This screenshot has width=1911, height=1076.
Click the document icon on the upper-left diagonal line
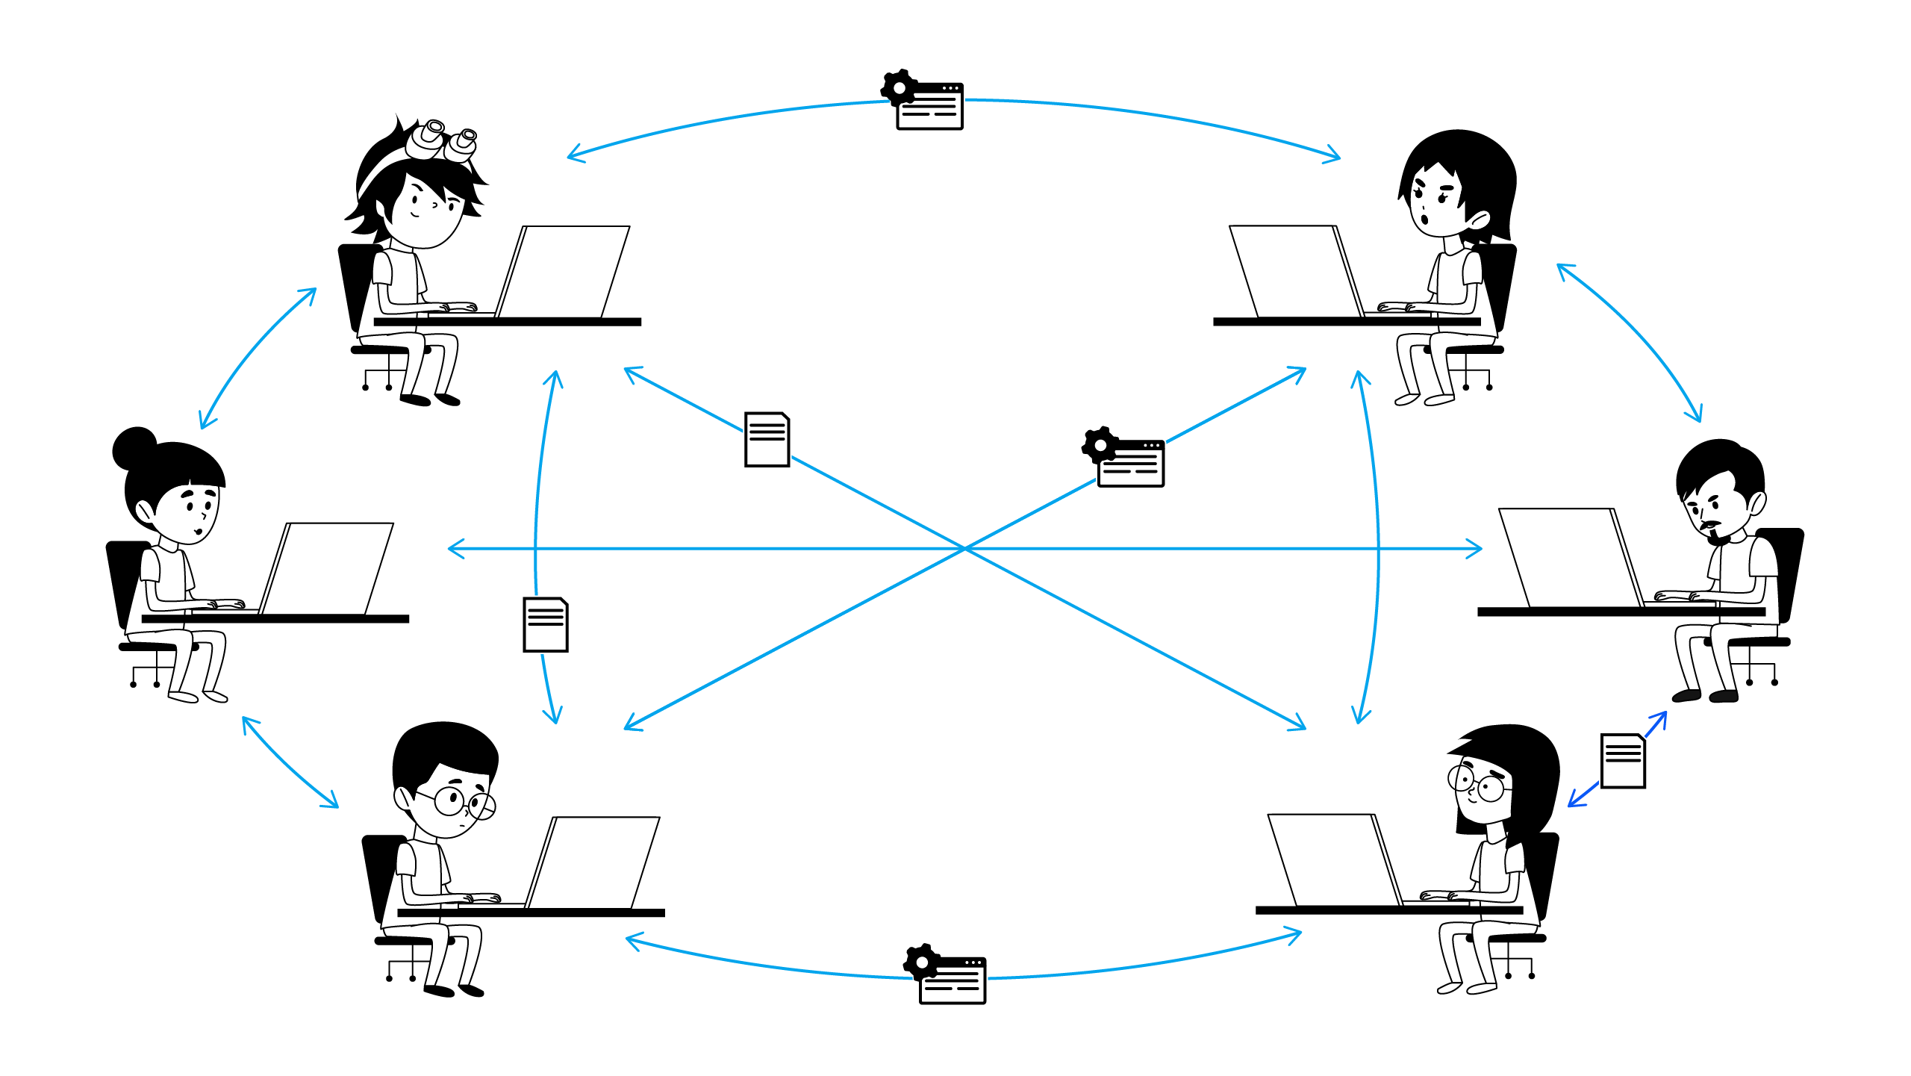(x=767, y=440)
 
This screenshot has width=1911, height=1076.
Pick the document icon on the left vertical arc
(x=546, y=625)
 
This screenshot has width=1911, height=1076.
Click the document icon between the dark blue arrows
(x=1623, y=761)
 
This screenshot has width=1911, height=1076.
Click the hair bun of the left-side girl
(x=134, y=447)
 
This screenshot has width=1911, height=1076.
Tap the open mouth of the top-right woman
(x=1424, y=220)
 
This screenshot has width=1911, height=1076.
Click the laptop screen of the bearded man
(x=1568, y=556)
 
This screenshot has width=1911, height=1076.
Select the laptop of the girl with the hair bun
(x=328, y=567)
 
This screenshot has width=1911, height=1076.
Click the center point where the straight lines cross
(x=964, y=549)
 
